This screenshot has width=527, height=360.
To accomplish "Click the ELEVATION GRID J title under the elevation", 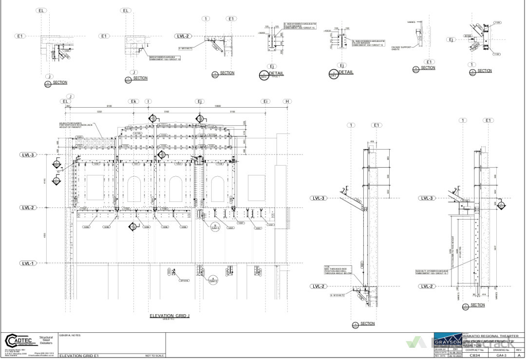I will click(x=169, y=316).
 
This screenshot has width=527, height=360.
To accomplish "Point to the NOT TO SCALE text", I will click(x=154, y=356).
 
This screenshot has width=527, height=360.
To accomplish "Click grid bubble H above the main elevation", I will click(x=287, y=101).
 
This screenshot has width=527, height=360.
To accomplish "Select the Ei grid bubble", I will click(x=265, y=101).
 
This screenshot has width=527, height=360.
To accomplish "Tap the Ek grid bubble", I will click(x=133, y=101).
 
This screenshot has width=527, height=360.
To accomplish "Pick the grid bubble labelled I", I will click(x=148, y=101).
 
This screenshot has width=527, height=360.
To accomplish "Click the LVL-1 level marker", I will click(x=28, y=264).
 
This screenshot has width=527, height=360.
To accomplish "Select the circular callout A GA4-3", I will click(x=212, y=280).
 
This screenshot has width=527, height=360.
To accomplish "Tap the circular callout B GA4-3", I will click(x=215, y=226).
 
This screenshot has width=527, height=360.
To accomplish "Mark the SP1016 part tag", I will click(x=184, y=281).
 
